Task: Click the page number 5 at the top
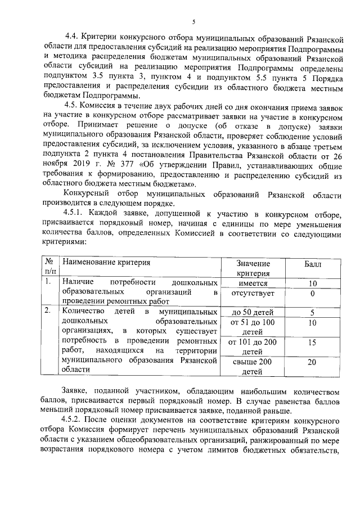193,22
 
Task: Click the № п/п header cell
49,267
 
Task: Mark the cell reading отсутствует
253,293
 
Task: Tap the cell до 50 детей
253,312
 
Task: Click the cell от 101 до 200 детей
253,346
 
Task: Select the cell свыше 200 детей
253,367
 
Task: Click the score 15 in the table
312,342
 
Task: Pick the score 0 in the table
312,293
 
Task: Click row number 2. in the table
48,310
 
